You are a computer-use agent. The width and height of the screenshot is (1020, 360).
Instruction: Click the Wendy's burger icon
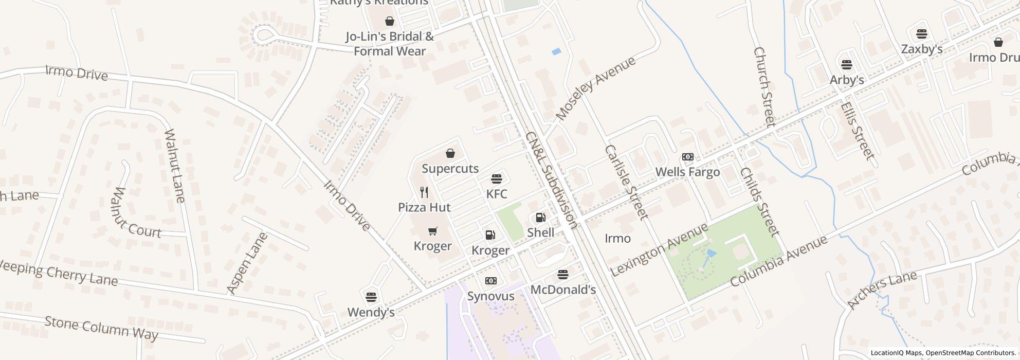(x=371, y=297)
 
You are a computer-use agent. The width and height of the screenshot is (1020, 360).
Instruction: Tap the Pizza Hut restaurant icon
(x=424, y=192)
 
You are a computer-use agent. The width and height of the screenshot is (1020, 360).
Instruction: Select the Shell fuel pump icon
(x=540, y=218)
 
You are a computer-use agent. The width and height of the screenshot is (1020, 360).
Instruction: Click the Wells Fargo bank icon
(x=687, y=157)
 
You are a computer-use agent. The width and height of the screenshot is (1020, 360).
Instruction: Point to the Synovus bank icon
(x=490, y=281)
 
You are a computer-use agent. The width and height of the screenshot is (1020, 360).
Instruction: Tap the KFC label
(x=497, y=194)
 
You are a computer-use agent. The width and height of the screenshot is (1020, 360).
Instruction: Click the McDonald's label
(x=563, y=290)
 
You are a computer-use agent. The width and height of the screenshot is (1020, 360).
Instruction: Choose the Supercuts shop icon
(x=450, y=153)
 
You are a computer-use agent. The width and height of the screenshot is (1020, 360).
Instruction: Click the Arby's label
(x=847, y=80)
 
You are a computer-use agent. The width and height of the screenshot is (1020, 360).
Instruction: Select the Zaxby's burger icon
(x=922, y=34)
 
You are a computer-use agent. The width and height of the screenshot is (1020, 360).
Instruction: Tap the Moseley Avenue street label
(x=596, y=88)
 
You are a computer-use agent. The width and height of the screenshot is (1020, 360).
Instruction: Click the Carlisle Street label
(x=626, y=182)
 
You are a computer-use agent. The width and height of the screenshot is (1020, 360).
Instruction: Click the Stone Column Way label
(x=101, y=329)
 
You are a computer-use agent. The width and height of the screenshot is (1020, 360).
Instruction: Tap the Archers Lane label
(x=881, y=290)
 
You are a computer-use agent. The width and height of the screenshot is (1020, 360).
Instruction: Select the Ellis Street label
(x=857, y=131)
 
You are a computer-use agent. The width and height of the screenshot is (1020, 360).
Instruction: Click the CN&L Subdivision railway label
(x=551, y=180)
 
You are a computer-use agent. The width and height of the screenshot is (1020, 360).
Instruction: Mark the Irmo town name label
(x=617, y=238)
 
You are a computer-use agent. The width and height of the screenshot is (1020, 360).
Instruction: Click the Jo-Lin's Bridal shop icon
(x=390, y=21)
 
